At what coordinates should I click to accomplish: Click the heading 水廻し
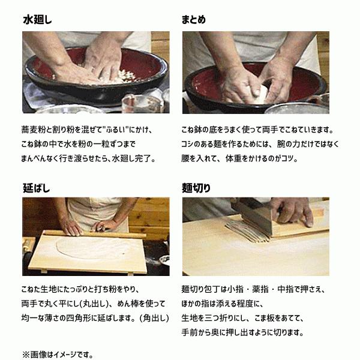[x=37, y=20]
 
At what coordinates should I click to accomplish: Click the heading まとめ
[x=194, y=20]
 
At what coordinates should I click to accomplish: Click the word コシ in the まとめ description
[x=191, y=145]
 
